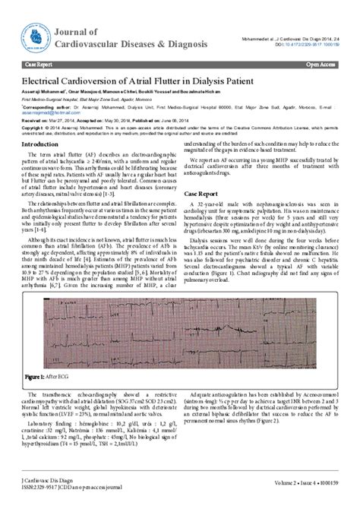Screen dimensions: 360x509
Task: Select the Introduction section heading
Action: pyautogui.click(x=43, y=144)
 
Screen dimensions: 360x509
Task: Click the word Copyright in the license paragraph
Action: pyautogui.click(x=33, y=127)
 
